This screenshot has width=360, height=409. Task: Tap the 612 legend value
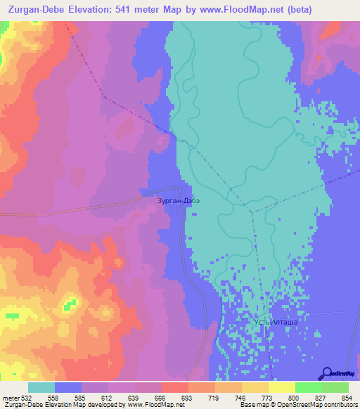coord(108,398)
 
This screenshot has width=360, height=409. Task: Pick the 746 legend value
coord(230,398)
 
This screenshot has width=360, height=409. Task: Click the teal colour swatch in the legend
coord(41,387)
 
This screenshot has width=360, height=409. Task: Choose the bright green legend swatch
coord(308,387)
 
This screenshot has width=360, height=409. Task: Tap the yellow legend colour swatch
coord(281,387)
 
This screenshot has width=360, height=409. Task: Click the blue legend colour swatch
coord(68,387)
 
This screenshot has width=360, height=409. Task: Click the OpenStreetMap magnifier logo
coord(327,372)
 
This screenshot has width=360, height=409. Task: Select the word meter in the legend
coord(9,398)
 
